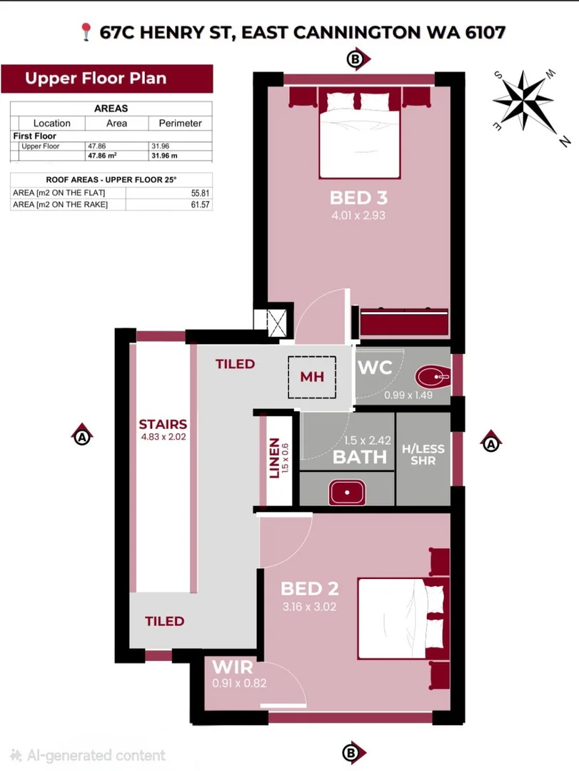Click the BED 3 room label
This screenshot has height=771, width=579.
click(x=358, y=198)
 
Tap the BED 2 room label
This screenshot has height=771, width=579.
click(x=309, y=588)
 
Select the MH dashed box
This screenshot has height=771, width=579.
click(x=312, y=377)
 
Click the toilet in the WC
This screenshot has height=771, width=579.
click(x=433, y=377)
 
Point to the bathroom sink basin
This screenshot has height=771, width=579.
click(x=347, y=492)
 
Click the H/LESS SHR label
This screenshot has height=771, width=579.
click(x=423, y=454)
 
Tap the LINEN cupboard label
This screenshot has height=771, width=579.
click(x=274, y=458)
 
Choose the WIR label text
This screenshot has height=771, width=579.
click(x=233, y=667)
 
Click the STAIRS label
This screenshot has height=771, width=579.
click(x=163, y=424)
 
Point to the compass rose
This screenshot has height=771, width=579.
click(x=525, y=101)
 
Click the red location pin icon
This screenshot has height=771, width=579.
click(x=86, y=32)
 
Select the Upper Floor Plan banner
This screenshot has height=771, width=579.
click(x=107, y=79)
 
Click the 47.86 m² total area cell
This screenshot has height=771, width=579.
click(x=102, y=156)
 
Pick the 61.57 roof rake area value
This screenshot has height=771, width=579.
click(x=200, y=205)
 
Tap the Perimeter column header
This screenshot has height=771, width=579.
click(x=180, y=123)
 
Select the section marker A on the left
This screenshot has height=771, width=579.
click(x=82, y=435)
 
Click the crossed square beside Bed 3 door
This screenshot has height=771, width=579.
click(x=276, y=323)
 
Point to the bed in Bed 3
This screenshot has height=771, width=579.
click(x=359, y=133)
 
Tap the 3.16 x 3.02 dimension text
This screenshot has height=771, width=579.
click(x=309, y=607)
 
